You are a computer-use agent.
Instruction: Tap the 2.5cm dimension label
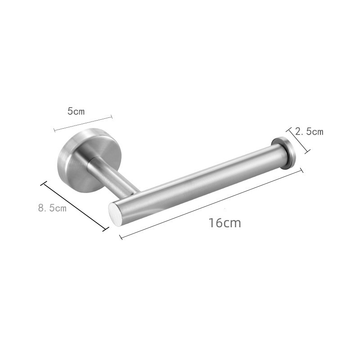point(309,132)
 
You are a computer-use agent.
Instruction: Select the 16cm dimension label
point(225,222)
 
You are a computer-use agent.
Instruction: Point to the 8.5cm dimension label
point(52,208)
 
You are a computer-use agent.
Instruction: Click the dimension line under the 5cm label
point(83,124)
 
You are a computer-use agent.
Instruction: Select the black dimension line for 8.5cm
point(75,206)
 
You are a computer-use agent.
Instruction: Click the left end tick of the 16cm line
point(121,237)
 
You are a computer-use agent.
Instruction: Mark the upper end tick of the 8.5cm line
point(44,183)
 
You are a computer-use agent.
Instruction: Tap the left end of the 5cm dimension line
point(54,131)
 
